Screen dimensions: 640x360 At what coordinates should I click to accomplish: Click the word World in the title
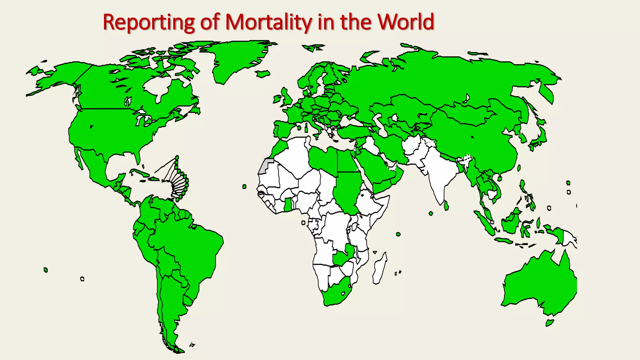click(405, 22)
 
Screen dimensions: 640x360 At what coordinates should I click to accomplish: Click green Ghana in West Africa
click(288, 205)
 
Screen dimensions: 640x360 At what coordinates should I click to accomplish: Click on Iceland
click(262, 74)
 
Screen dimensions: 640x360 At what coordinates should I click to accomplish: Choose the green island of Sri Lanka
click(446, 206)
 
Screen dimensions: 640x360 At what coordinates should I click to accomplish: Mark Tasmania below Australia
click(550, 322)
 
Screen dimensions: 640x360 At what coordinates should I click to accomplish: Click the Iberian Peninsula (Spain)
click(283, 130)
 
